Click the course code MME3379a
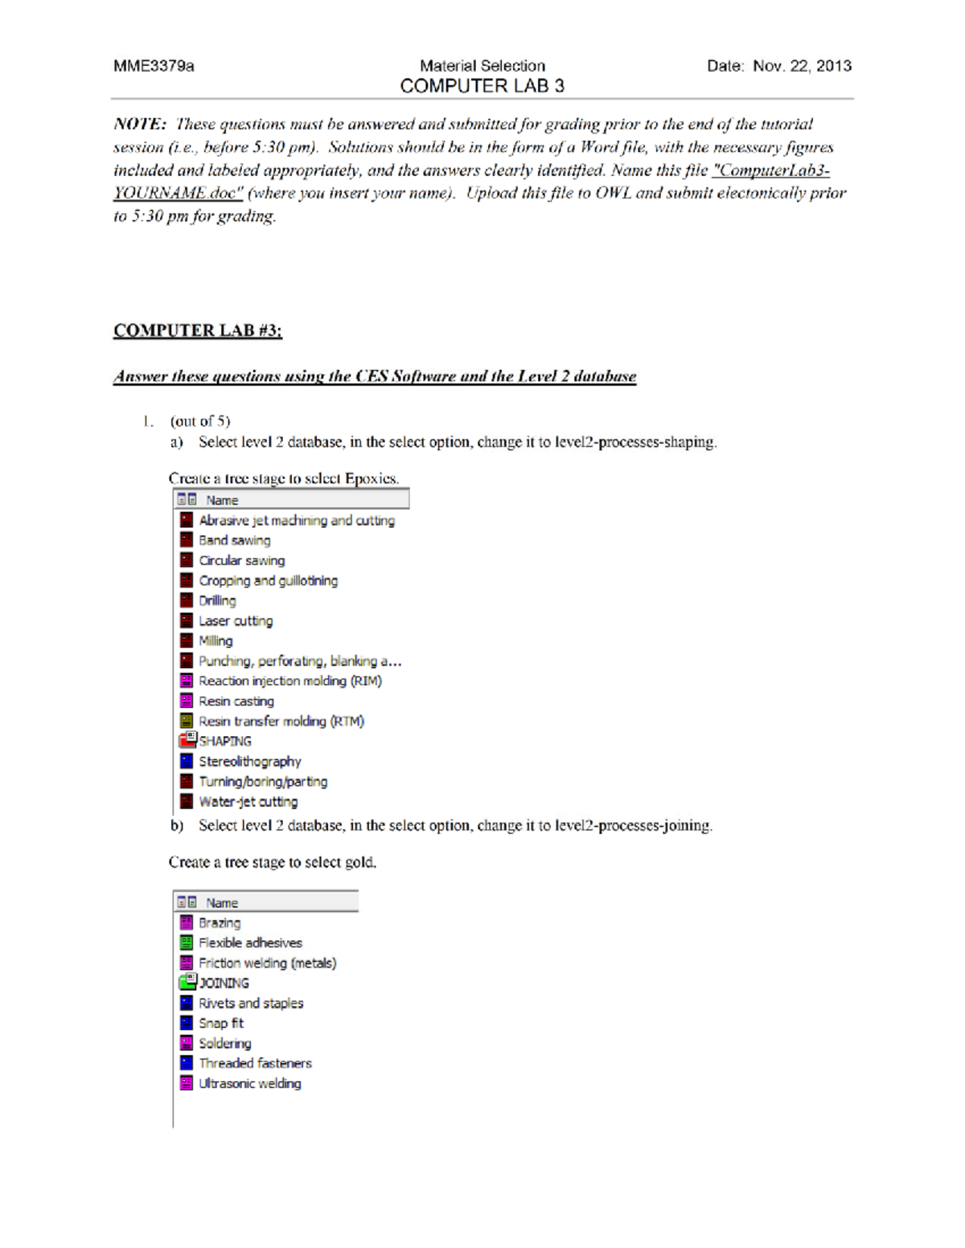coord(154,66)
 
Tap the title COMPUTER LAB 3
coord(482,86)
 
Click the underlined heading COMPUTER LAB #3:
coord(198,330)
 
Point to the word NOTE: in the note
coord(140,124)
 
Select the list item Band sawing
coord(234,541)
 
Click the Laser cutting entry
coord(236,621)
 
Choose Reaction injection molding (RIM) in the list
coord(289,681)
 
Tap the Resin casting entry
coord(236,702)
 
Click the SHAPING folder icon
coord(187,740)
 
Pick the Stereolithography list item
coord(249,761)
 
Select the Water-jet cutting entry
coord(248,802)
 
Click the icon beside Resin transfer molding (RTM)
coord(187,721)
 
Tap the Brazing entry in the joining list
coord(220,923)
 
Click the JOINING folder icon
coord(187,982)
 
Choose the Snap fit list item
coord(221,1023)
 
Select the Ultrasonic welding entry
coord(249,1083)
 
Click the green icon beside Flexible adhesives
coord(187,943)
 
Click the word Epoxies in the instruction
coord(371,479)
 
